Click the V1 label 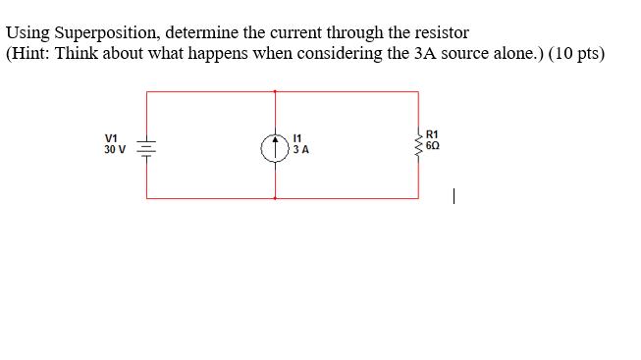111,138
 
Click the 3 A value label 301,151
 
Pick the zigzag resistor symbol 418,144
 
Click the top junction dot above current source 275,91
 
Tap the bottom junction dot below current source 275,198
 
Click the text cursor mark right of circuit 454,196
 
